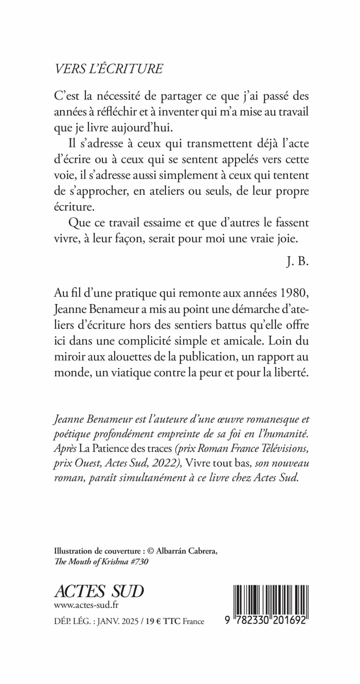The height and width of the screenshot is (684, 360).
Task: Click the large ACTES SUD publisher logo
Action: coord(99,590)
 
